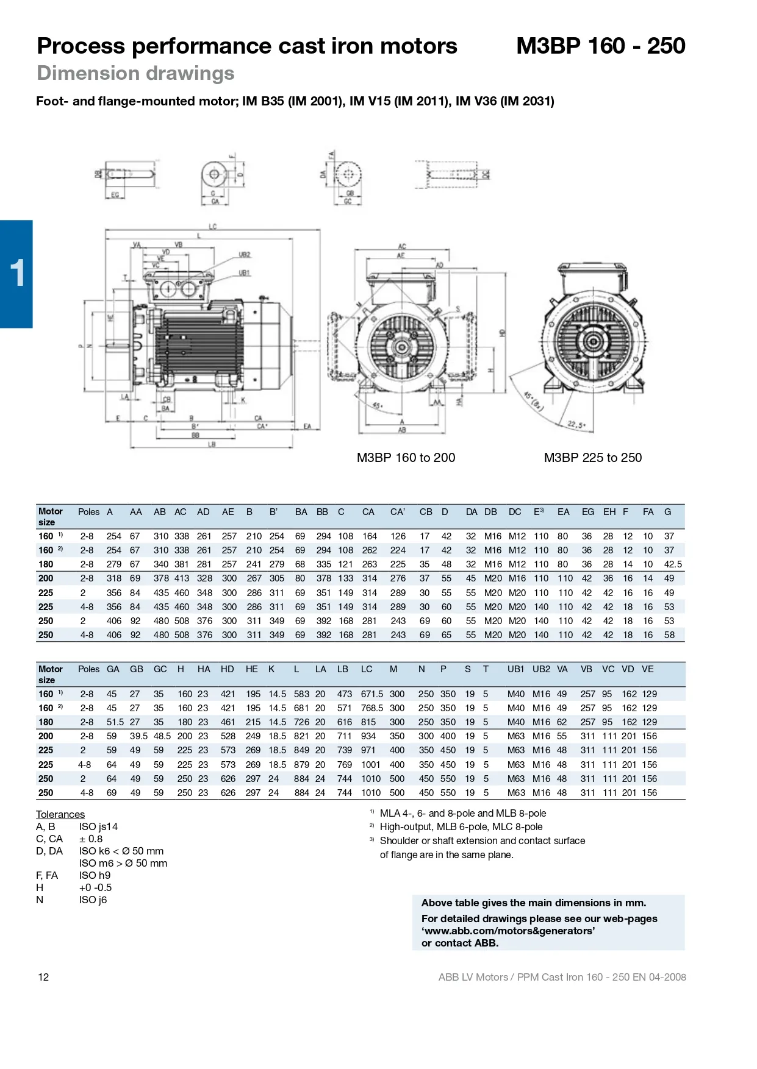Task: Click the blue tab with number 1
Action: click(16, 274)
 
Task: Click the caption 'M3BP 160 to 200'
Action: click(406, 458)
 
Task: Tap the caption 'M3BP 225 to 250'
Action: click(592, 458)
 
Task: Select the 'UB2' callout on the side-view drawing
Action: click(244, 255)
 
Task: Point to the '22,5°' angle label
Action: click(576, 424)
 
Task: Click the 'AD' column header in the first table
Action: click(203, 512)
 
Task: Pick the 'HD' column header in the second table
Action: click(227, 669)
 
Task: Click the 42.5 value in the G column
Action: click(672, 564)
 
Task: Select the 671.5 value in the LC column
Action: click(371, 694)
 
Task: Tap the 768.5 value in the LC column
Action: click(371, 708)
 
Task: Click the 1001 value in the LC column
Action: click(370, 765)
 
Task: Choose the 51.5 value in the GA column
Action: click(115, 722)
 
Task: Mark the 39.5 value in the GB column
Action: click(138, 736)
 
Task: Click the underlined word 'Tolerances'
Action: click(60, 814)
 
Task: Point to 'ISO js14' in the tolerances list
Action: click(98, 827)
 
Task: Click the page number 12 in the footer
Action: click(43, 977)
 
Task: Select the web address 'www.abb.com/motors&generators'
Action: click(508, 931)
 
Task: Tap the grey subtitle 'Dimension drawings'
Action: click(135, 73)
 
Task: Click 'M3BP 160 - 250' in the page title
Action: click(600, 46)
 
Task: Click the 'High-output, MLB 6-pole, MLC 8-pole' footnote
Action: click(461, 827)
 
